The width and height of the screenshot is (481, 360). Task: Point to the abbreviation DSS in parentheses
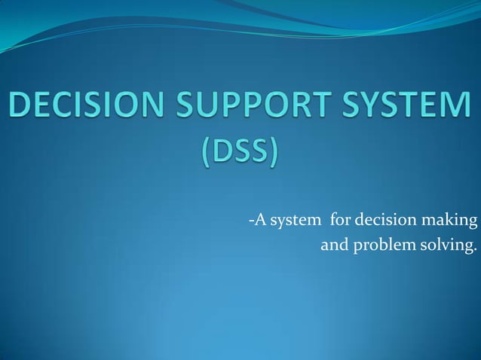pos(239,156)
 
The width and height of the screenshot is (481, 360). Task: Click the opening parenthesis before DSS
pos(206,157)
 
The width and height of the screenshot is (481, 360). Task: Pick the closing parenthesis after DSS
pos(273,157)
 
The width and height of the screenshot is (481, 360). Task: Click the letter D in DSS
pos(221,156)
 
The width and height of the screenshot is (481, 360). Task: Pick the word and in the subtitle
pos(334,245)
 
